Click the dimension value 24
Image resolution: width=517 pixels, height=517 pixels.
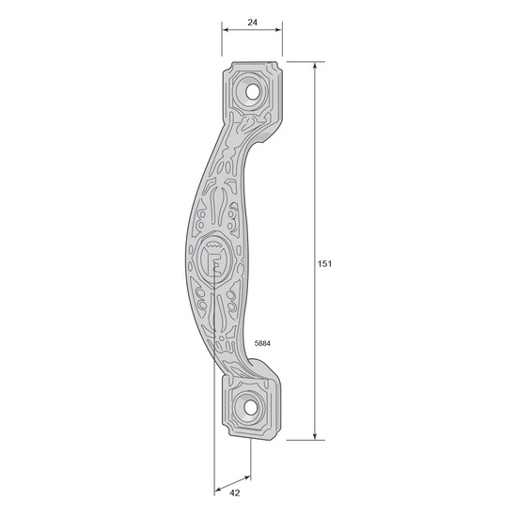[x=252, y=23]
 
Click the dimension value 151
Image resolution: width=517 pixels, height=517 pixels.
[x=324, y=264]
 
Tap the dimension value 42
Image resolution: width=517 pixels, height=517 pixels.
[x=235, y=493]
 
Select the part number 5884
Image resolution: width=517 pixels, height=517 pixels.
[x=262, y=343]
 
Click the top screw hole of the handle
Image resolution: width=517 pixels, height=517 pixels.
[x=253, y=92]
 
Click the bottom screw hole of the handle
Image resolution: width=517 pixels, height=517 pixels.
[x=251, y=408]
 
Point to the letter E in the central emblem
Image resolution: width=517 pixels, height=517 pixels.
[x=215, y=265]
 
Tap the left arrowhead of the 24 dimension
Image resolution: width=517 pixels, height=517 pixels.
[x=226, y=30]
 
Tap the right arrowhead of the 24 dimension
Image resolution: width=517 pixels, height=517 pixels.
[x=278, y=30]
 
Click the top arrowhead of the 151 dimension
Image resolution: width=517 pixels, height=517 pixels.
[x=315, y=65]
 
